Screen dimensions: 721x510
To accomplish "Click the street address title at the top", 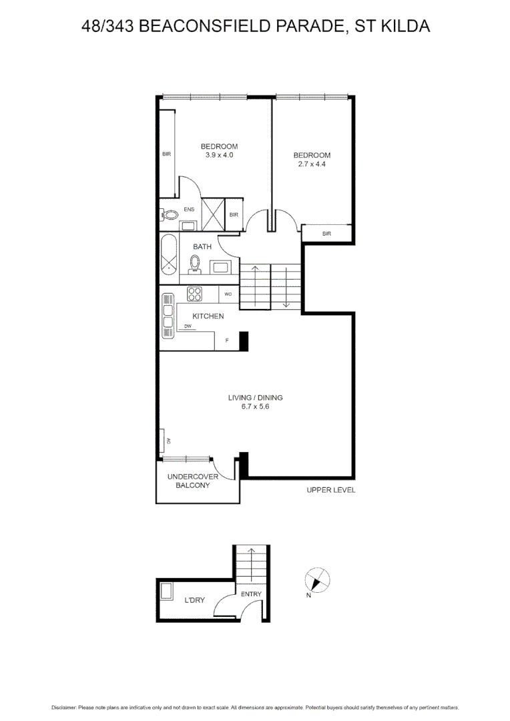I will (x=255, y=26).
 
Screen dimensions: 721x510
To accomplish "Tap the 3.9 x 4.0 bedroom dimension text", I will (x=219, y=155).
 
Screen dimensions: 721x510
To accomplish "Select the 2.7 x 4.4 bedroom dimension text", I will (x=312, y=164).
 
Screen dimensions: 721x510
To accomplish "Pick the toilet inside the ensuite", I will (x=171, y=215).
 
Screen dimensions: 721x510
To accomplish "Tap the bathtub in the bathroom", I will (x=169, y=254).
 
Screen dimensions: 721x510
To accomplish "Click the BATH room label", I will (x=202, y=247).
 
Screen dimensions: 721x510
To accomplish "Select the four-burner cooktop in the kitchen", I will (x=196, y=292).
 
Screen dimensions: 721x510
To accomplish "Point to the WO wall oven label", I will (x=228, y=294).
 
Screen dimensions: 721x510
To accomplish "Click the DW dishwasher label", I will (x=188, y=326).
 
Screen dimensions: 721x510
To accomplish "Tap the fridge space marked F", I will (x=227, y=340).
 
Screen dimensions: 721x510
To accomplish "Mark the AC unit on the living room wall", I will (x=163, y=441).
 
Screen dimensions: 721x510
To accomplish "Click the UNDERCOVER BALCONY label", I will (x=193, y=481).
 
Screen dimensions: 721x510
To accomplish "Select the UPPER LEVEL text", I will (x=330, y=490).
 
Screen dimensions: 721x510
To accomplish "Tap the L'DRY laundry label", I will (x=194, y=601).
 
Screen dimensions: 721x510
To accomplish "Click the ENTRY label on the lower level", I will (x=251, y=594).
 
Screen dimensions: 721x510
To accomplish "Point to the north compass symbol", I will (x=316, y=579).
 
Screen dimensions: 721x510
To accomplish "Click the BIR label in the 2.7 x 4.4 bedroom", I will (x=326, y=234).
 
